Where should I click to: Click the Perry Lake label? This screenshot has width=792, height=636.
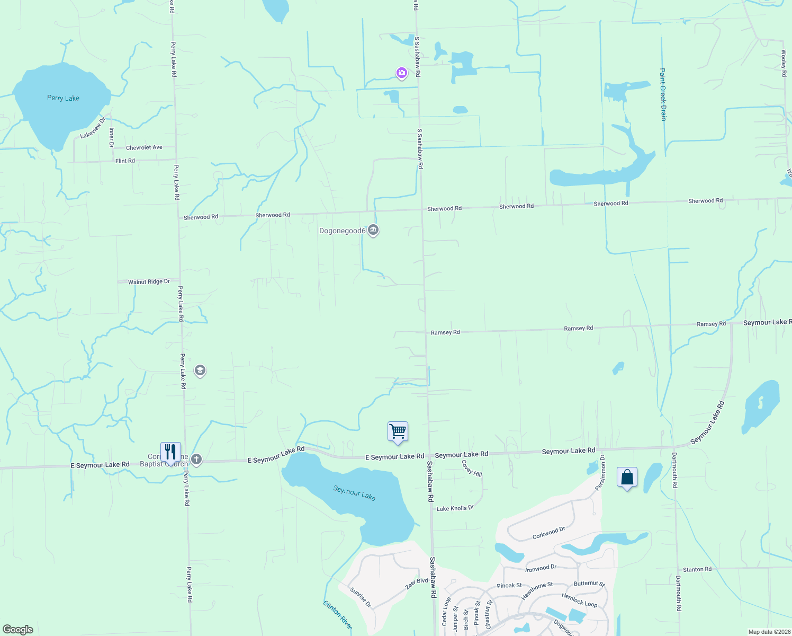point(63,98)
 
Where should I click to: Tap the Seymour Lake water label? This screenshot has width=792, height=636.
point(354,493)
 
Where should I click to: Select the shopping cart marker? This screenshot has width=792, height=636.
point(398,432)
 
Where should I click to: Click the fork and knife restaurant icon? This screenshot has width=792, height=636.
point(170,452)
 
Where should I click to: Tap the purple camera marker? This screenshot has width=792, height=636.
point(402,73)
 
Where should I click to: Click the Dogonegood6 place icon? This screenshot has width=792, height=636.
point(373,230)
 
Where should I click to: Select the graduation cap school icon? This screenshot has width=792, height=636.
point(200,370)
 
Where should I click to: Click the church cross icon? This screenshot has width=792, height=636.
point(196,459)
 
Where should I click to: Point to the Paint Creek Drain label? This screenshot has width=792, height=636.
point(663,94)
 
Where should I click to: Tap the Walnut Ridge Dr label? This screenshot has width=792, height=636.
point(149,281)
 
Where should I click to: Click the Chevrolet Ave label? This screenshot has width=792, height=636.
point(144,147)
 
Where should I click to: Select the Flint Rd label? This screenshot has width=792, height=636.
point(125,161)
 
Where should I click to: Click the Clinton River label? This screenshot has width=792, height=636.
point(337,615)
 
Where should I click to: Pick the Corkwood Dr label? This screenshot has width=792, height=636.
point(548,533)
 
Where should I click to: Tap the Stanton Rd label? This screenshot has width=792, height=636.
point(697,569)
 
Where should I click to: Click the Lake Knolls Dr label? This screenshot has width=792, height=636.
point(455,508)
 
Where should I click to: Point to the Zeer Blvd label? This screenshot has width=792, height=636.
point(417,584)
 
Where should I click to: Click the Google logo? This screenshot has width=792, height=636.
point(18,629)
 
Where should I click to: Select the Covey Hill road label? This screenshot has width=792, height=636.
point(471,468)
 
